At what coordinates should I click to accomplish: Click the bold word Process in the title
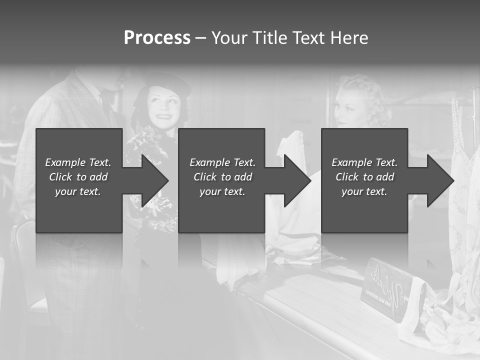click(x=157, y=38)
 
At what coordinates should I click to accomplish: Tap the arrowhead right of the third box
click(x=439, y=180)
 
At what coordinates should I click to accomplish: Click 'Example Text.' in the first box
click(x=78, y=162)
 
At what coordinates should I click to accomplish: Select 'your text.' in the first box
click(x=78, y=191)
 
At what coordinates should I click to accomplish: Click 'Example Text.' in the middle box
click(x=222, y=162)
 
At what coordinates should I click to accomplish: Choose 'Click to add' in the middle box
click(x=222, y=177)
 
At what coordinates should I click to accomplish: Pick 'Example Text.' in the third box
click(x=364, y=162)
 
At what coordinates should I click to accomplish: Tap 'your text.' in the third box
click(x=364, y=191)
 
